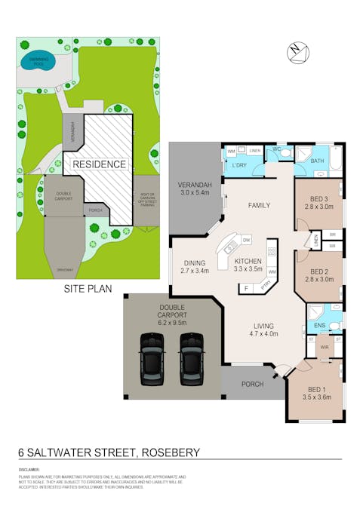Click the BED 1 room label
[316, 393]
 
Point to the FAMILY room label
[259, 205]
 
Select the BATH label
[317, 161]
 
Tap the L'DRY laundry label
[241, 164]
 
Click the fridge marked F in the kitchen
[245, 288]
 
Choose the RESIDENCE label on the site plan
[100, 164]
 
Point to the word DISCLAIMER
[29, 469]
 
